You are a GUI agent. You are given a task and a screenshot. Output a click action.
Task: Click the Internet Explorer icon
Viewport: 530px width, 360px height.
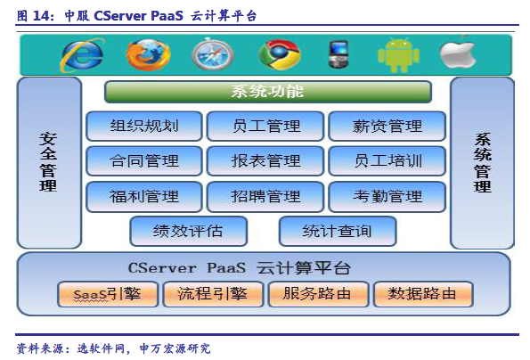coord(82,54)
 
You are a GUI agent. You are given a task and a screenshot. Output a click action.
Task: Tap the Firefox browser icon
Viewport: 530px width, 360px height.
coord(148,54)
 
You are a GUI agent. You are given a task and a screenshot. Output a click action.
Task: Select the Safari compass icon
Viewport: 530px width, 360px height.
coord(213,54)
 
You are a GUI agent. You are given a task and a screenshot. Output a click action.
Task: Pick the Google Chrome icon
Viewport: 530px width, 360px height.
coord(280,54)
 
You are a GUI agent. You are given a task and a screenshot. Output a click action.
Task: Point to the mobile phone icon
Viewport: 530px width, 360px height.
coord(338,54)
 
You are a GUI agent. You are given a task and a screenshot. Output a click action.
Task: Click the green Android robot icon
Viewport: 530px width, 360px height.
coord(398,54)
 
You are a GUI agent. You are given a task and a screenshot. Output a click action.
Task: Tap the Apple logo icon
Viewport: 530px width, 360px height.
coord(459,54)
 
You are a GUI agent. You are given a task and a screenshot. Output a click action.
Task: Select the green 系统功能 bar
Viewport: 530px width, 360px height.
coord(268,92)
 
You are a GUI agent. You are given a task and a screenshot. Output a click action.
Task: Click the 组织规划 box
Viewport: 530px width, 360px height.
coord(144,126)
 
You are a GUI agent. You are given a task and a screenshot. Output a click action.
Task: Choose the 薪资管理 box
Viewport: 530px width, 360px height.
coord(387,126)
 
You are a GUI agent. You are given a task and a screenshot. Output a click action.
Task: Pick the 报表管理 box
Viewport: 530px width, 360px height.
coord(265,161)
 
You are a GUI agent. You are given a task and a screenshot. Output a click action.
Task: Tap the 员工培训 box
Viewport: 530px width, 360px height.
coord(387,161)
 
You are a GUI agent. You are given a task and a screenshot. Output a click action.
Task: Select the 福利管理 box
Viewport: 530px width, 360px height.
coord(144,196)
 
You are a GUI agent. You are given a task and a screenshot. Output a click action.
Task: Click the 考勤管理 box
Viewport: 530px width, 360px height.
coord(387,196)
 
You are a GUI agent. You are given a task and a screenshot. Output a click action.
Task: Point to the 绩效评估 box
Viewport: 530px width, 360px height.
coord(188,231)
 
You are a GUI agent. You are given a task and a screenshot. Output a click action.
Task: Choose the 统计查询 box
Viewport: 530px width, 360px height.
coord(338,231)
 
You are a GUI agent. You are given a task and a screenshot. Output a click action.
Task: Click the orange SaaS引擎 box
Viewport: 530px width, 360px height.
coord(108,294)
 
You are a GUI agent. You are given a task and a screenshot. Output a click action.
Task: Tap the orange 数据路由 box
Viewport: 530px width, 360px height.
coord(422,294)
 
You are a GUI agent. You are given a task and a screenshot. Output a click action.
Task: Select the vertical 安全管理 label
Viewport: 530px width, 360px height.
coord(48,162)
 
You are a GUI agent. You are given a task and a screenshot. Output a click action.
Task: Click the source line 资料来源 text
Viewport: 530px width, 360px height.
coord(113,348)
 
